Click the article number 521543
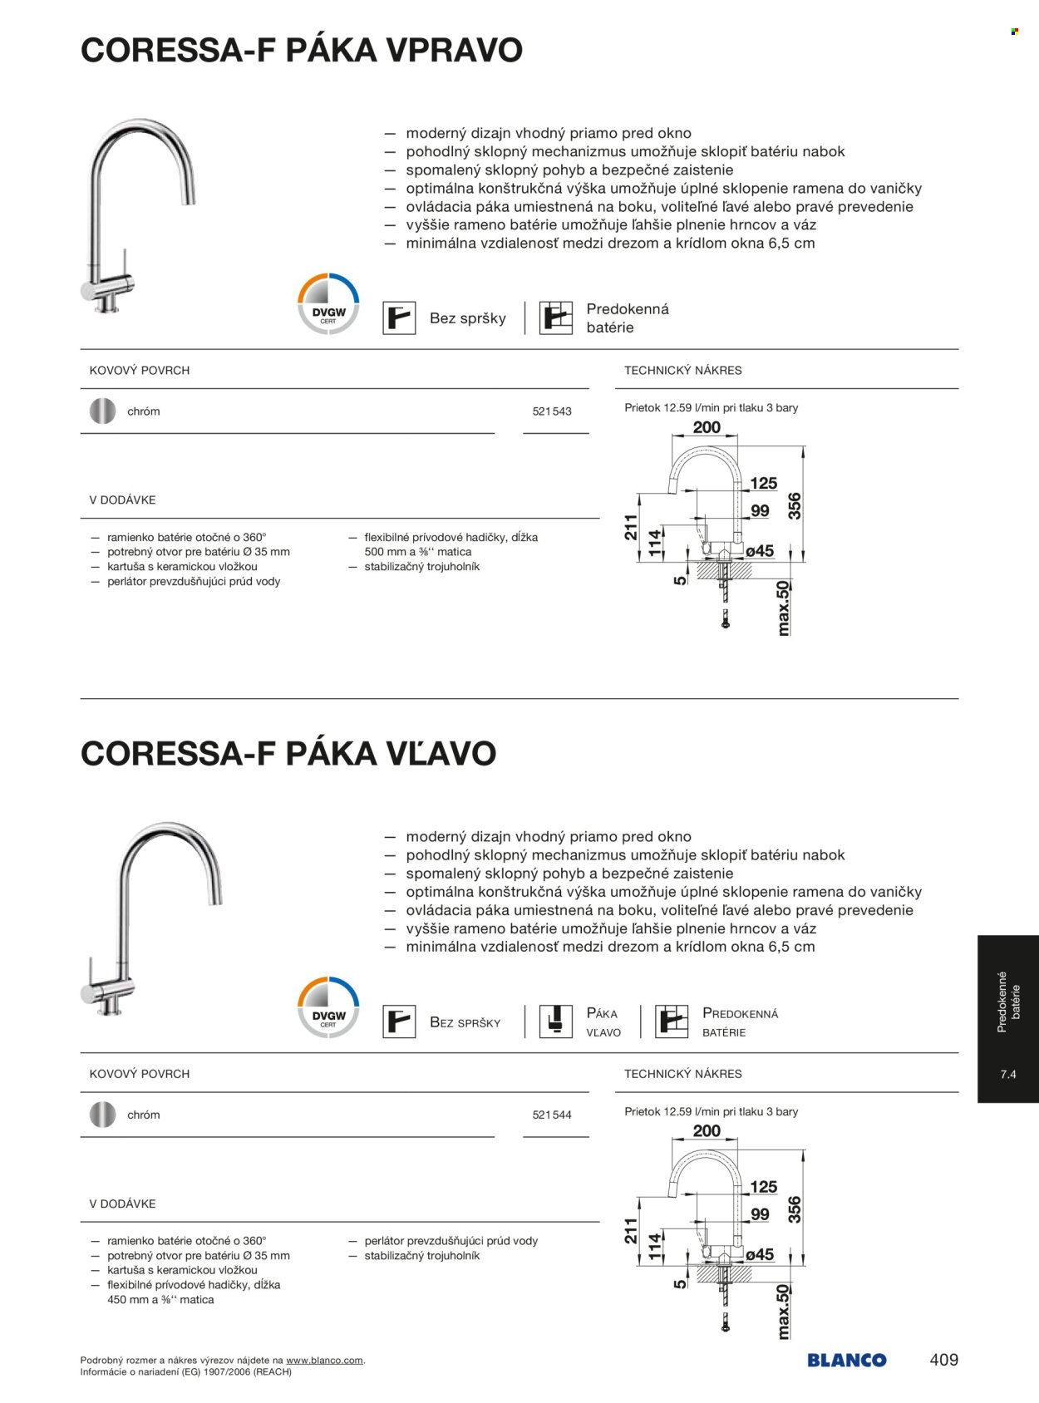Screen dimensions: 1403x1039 tap(552, 411)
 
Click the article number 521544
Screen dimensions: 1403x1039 tap(552, 1115)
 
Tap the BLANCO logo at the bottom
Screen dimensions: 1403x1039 tap(846, 1360)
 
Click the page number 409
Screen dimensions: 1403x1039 tap(943, 1360)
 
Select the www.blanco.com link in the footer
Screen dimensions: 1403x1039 tap(324, 1360)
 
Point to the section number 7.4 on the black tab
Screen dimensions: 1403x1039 tap(1008, 1075)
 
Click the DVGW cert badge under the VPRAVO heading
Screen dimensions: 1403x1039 tap(328, 303)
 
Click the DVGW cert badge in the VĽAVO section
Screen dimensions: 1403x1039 tap(328, 1007)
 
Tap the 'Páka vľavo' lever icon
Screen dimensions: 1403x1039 tap(556, 1021)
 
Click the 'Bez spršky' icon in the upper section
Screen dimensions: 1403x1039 tap(399, 318)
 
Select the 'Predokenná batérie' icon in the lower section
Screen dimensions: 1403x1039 tap(672, 1021)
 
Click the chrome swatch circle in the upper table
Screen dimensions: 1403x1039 tap(102, 411)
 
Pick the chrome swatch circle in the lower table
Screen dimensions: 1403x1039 tap(102, 1115)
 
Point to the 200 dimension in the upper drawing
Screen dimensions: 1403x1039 tap(707, 428)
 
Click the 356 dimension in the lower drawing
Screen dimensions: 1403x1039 tap(795, 1209)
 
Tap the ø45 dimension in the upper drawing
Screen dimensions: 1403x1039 tap(759, 551)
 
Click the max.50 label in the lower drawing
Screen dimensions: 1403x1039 tap(782, 1312)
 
